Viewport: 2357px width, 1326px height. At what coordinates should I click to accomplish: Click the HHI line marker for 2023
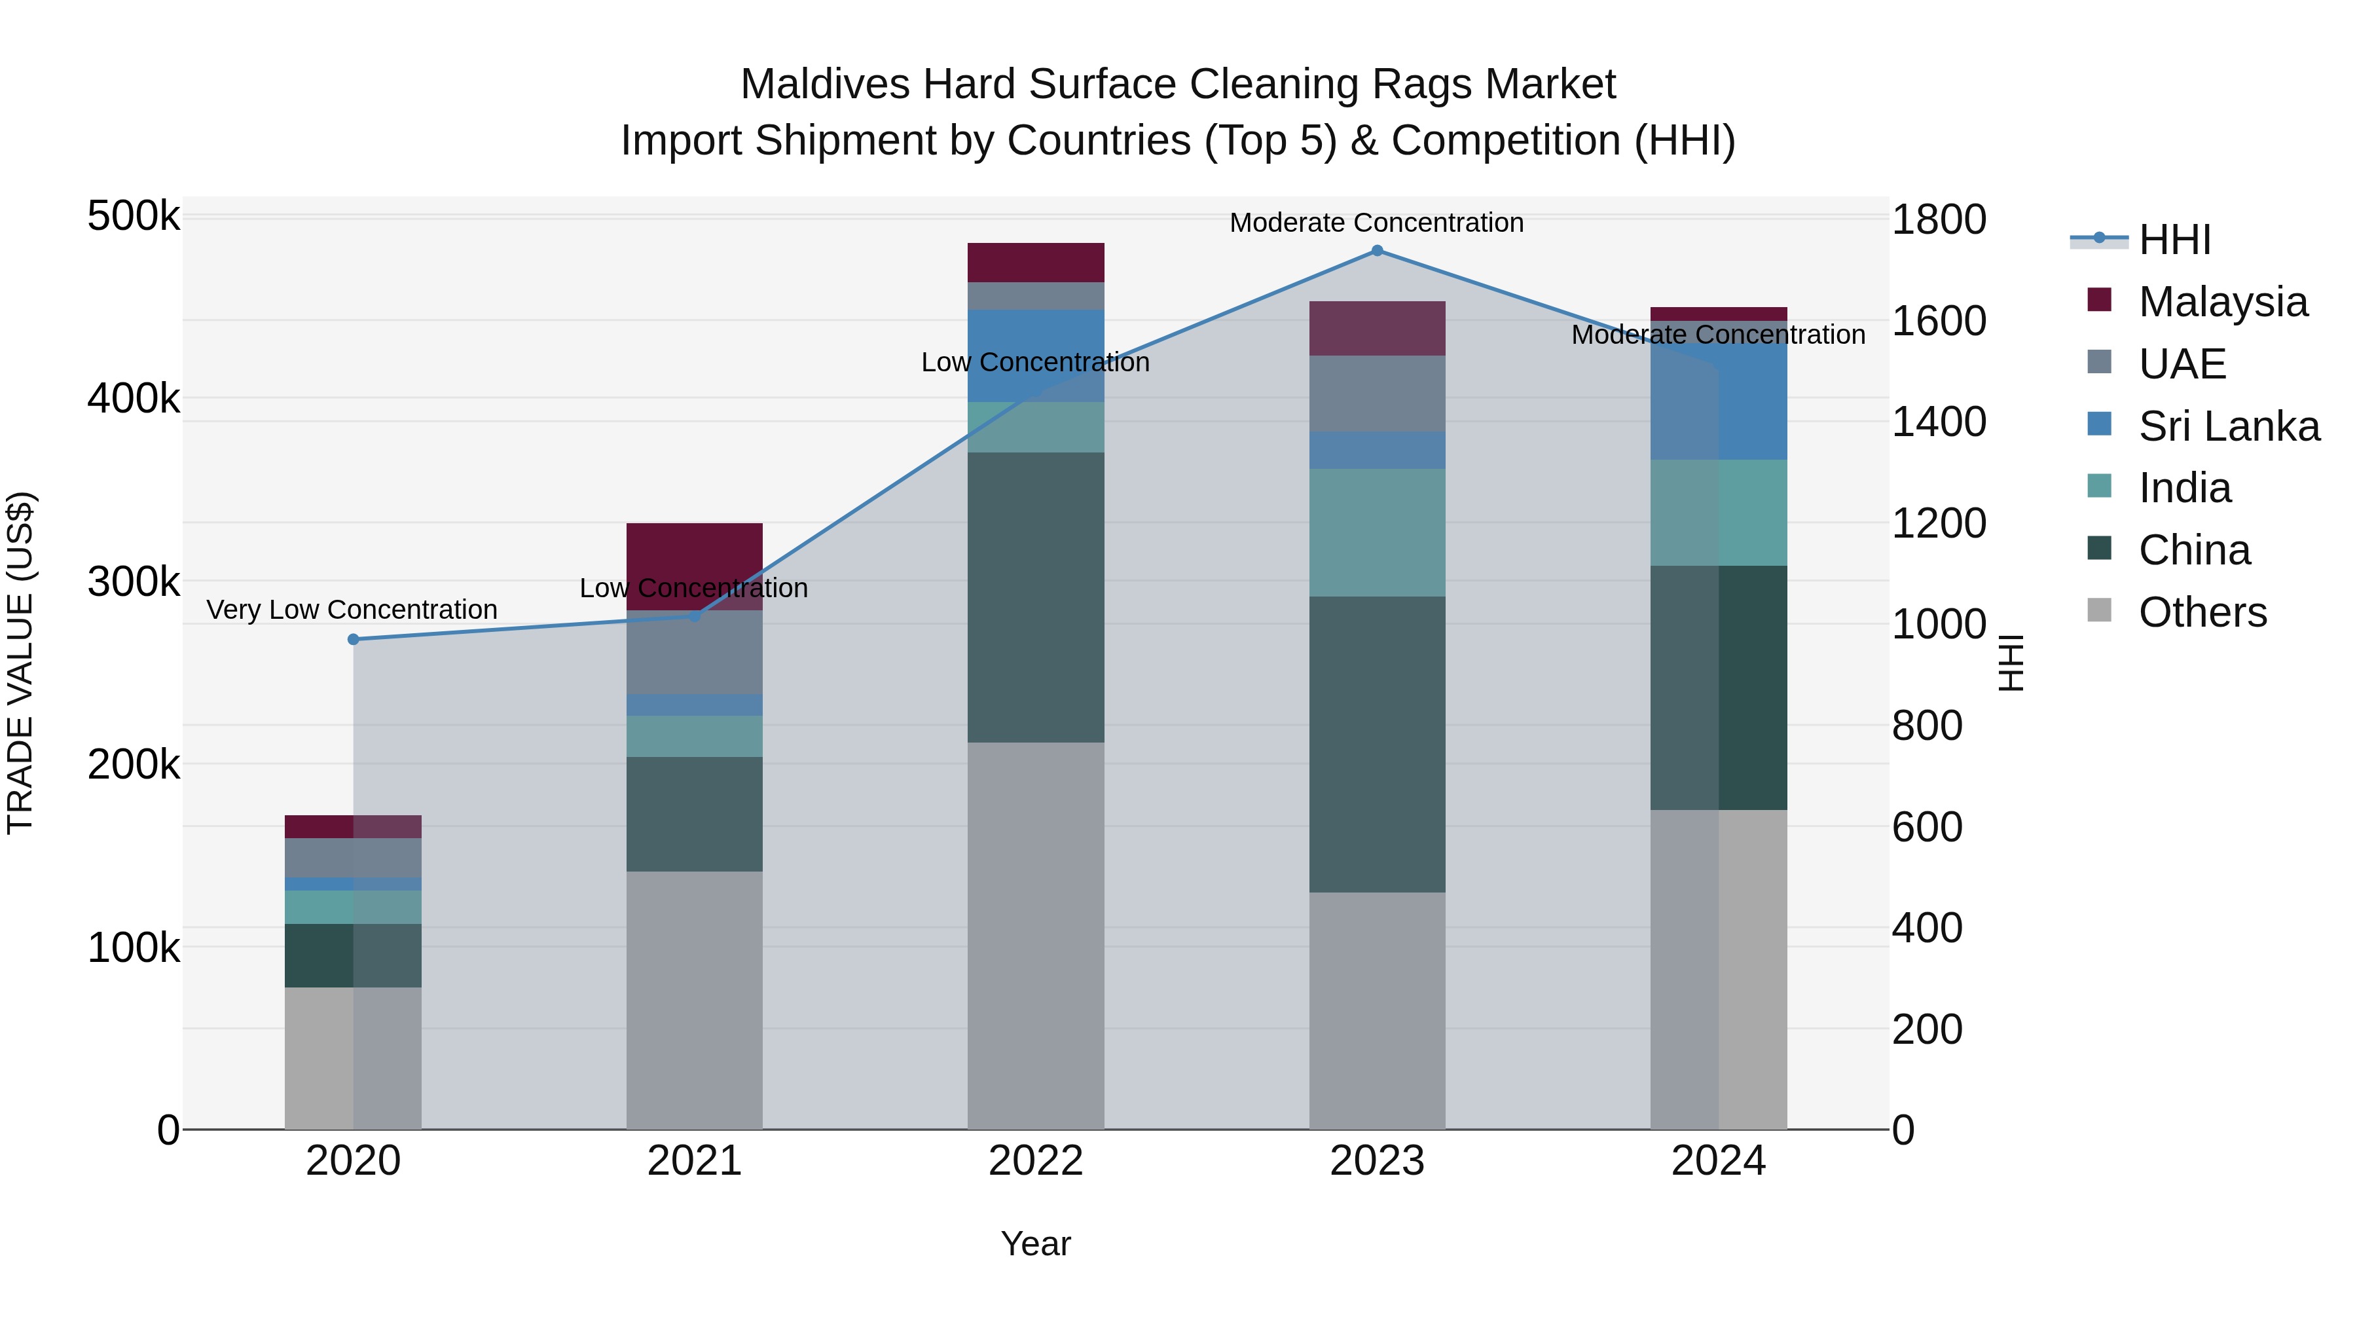(1377, 251)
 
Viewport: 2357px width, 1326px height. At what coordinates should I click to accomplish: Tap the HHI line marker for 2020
(353, 640)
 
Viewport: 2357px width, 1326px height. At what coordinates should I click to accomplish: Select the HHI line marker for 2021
(695, 617)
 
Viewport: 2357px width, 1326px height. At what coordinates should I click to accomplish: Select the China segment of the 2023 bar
(1377, 744)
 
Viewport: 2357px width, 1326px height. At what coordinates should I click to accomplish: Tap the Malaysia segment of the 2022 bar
(1036, 263)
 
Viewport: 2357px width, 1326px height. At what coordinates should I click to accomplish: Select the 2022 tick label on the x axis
(1036, 1161)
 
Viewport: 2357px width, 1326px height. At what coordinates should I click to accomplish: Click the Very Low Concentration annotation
(352, 610)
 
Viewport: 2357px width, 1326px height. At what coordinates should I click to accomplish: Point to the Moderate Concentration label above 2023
(1376, 223)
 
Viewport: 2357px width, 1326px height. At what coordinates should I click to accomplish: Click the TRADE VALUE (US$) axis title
(20, 663)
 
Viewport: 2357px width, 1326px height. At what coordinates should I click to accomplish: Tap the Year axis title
(1036, 1243)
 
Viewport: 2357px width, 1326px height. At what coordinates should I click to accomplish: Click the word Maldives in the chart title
(826, 84)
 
